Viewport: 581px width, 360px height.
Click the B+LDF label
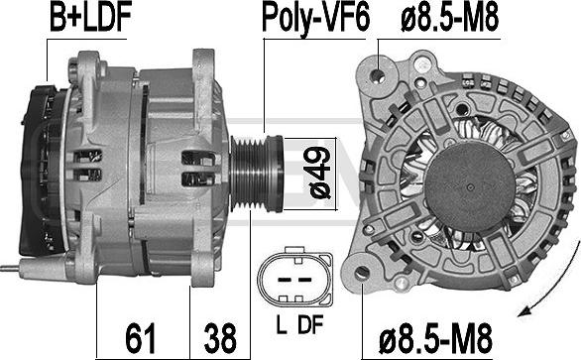click(x=90, y=18)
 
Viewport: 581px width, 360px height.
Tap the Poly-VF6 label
click(x=315, y=19)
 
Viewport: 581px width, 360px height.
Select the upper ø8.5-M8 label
click(x=449, y=18)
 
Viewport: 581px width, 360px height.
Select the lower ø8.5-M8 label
click(x=435, y=338)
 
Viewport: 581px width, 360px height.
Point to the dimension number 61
click(x=140, y=338)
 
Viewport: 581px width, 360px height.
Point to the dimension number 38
click(x=220, y=338)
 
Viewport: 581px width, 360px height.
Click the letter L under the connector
click(x=282, y=324)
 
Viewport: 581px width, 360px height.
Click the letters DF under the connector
click(x=310, y=324)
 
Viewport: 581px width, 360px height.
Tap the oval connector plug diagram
click(x=294, y=277)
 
